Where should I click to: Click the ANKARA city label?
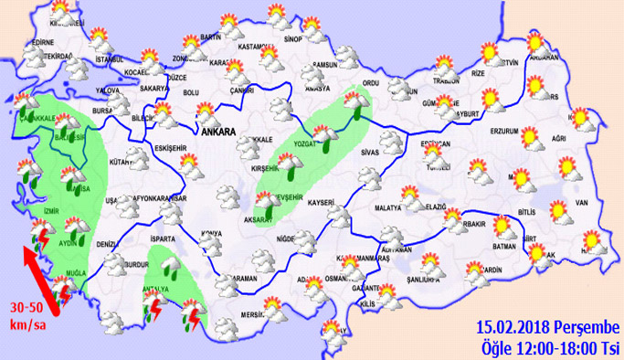coord(217,132)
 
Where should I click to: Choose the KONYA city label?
coord(212,231)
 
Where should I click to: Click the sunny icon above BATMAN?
coord(503,224)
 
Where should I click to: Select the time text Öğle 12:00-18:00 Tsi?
coord(550,347)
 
